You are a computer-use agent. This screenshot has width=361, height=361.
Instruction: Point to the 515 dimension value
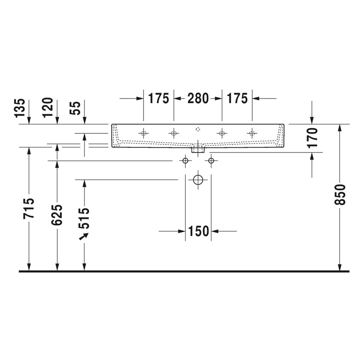point(85,218)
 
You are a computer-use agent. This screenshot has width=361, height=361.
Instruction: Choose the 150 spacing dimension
point(198,231)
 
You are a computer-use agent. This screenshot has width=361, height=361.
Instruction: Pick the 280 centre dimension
point(197,99)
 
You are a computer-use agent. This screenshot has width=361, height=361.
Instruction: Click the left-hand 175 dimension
point(158,99)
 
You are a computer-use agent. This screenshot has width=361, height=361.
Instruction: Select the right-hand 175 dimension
point(237,99)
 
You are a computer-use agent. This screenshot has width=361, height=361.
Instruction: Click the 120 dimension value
point(48,107)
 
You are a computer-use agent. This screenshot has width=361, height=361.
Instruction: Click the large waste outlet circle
point(198,180)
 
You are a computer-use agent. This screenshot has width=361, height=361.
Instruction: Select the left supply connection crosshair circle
point(185,161)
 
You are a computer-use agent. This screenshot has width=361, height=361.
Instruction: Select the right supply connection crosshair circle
point(212,161)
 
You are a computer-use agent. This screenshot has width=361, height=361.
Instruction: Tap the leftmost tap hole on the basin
point(144,133)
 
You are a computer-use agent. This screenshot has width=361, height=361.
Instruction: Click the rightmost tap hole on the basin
point(252,133)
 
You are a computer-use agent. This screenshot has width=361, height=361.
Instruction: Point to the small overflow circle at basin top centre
point(198,128)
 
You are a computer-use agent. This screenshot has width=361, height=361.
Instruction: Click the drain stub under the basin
point(198,149)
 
